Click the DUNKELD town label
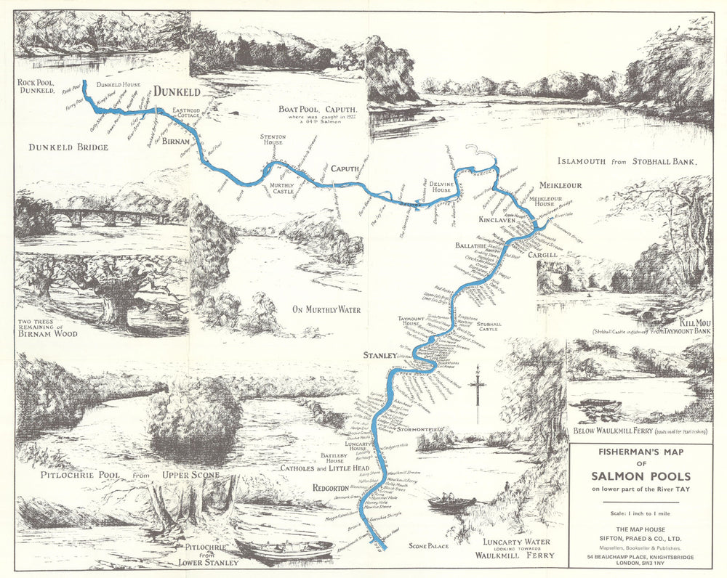tap(177, 92)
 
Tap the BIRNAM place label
tap(176, 140)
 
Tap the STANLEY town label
tap(379, 356)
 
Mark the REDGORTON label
tap(331, 488)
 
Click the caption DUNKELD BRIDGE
tap(68, 147)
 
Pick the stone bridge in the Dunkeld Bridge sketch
tap(109, 216)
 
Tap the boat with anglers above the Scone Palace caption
tap(451, 502)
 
